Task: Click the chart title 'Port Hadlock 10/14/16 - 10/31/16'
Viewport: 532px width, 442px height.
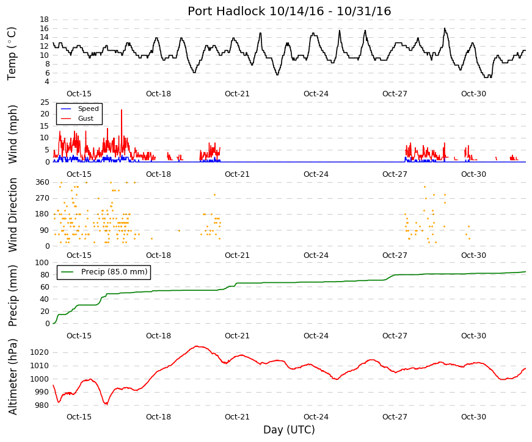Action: coord(289,11)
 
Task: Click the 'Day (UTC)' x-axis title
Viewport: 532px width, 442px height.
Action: coord(289,430)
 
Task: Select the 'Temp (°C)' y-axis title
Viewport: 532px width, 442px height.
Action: coord(12,54)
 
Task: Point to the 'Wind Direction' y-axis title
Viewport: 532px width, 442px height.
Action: coord(13,215)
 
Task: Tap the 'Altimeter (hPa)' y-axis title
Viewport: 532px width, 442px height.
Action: coord(13,377)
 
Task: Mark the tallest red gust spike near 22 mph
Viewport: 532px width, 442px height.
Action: coord(122,110)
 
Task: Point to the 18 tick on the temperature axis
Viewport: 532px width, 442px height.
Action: coord(44,20)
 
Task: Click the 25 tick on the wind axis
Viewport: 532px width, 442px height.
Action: coord(45,102)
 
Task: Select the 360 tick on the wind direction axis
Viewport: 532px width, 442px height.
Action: coord(42,182)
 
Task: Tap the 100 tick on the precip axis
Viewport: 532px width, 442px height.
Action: coord(42,263)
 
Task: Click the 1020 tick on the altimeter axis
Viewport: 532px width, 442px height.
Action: coord(39,352)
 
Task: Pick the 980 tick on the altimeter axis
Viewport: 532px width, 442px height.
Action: coord(42,405)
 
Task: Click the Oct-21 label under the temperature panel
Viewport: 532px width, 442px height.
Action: coord(237,94)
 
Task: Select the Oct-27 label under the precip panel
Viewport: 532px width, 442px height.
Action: coord(395,336)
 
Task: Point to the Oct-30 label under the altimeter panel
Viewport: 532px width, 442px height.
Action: coord(473,416)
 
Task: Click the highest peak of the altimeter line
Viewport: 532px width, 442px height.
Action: coord(197,346)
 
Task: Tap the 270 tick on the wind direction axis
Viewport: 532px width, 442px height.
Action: coord(42,198)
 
